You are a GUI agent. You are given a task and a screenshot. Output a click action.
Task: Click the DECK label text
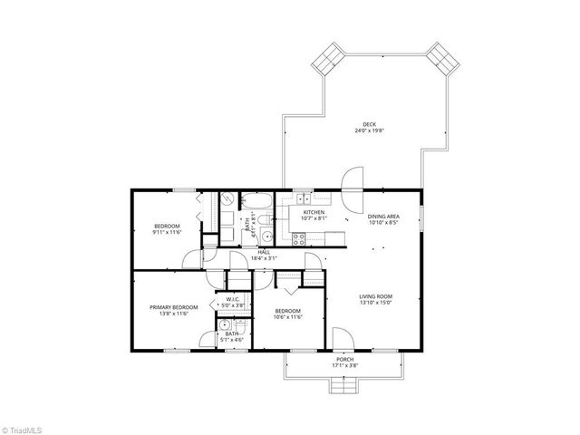369,124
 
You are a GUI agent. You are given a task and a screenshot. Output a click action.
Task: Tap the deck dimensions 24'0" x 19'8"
369,131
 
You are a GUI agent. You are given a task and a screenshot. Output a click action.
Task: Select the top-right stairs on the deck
442,60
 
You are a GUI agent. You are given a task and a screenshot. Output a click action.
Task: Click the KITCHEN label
301,212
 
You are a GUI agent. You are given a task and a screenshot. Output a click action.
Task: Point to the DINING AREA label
383,216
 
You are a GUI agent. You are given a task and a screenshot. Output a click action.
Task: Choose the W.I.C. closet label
233,299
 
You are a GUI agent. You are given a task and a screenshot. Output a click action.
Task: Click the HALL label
264,252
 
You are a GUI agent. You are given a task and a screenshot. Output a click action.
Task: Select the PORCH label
344,360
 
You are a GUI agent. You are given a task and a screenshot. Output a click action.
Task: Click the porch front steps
345,387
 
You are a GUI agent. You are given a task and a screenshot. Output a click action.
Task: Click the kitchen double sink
302,199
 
